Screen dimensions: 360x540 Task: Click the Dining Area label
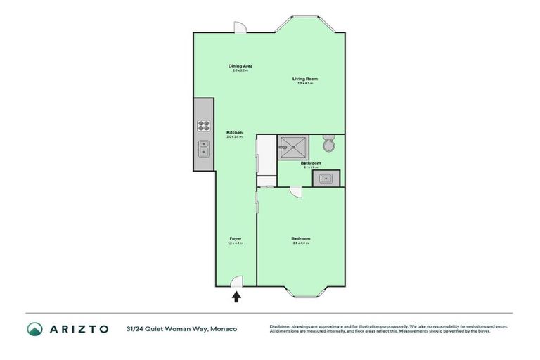[x=240, y=66]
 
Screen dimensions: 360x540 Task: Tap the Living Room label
[x=305, y=79]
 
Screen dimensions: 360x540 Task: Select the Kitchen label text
[x=234, y=133]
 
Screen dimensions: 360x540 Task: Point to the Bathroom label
[x=311, y=163]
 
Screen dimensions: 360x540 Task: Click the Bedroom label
[x=301, y=239]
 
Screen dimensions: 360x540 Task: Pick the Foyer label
[x=236, y=239]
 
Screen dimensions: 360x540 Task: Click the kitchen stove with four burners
[x=204, y=127]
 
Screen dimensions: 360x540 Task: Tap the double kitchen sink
[x=204, y=148]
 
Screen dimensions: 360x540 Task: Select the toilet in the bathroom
[x=328, y=145]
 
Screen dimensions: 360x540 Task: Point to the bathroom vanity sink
[x=327, y=178]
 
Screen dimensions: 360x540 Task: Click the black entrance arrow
[x=236, y=297]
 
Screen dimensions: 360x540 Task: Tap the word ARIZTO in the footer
[x=78, y=329]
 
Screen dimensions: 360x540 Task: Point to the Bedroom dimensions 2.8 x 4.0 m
[x=301, y=243]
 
